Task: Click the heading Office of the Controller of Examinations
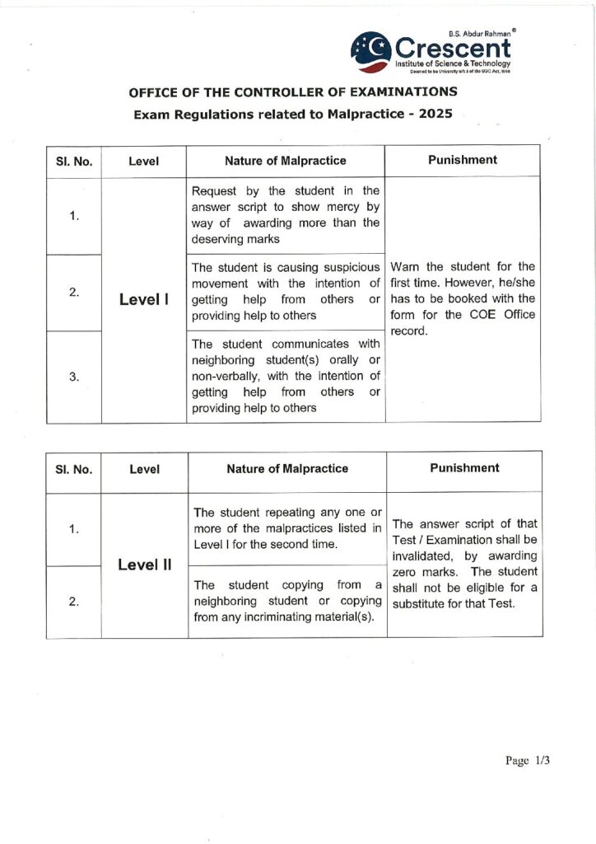click(292, 91)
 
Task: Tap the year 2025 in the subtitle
click(435, 115)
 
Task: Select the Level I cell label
click(144, 299)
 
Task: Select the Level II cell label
click(144, 565)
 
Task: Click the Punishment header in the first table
click(463, 159)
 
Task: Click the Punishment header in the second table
click(464, 467)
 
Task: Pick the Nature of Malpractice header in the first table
click(286, 160)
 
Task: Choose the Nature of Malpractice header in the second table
click(287, 468)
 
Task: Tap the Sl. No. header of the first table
click(74, 161)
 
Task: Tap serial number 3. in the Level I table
click(74, 377)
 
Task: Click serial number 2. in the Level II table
click(74, 602)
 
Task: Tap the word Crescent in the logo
click(454, 48)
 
